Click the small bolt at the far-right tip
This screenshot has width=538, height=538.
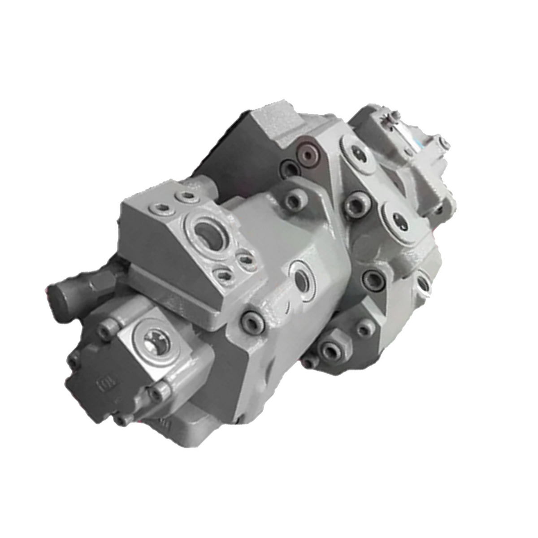click(x=446, y=143)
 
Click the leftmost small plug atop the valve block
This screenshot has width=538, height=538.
click(x=159, y=207)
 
